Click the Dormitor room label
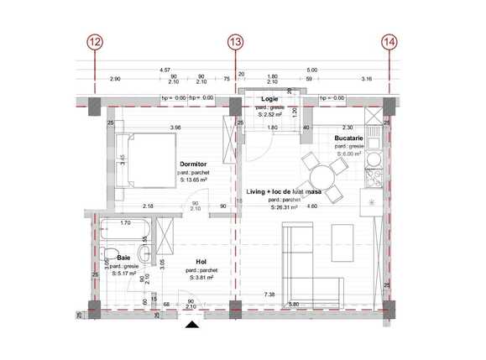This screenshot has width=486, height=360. click(x=194, y=164)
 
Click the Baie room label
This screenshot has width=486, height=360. click(x=123, y=258)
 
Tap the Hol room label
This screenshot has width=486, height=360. click(x=201, y=261)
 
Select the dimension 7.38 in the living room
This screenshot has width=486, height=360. click(x=269, y=295)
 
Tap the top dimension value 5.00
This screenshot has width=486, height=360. click(x=312, y=70)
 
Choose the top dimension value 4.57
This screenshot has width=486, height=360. click(x=165, y=70)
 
